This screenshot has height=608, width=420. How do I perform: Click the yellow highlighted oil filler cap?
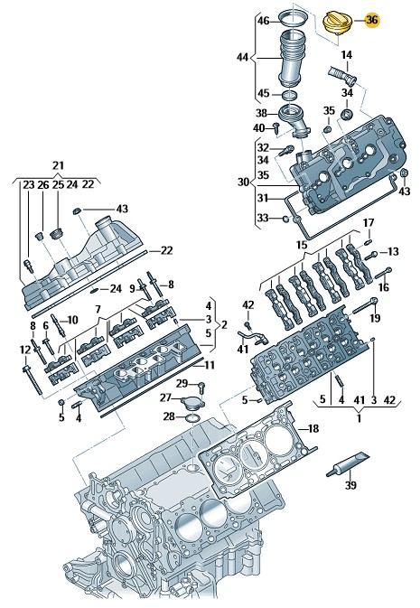pos(337,23)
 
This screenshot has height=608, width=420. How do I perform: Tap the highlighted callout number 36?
pos(372,20)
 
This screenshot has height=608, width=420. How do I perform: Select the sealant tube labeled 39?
pos(347,463)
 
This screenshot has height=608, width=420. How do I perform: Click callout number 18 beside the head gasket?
pos(313,428)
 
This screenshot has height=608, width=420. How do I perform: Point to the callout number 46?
pos(264,21)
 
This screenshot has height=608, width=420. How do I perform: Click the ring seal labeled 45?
pos(290,95)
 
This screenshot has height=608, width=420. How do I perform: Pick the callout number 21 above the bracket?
pos(58,165)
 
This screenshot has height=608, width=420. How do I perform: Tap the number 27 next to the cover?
pos(165,398)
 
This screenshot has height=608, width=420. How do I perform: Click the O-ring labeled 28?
pos(192,418)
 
